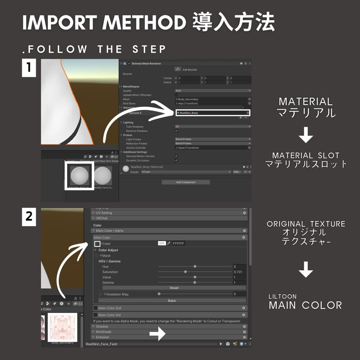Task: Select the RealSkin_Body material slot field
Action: point(212,113)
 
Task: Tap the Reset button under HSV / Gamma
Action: point(174,288)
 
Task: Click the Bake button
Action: point(172,301)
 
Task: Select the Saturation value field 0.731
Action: point(239,272)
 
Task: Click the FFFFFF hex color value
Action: point(179,243)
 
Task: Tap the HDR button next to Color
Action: point(162,243)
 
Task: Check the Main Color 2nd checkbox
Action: point(95,308)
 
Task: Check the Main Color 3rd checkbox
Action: point(95,315)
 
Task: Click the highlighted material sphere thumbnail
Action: point(79,176)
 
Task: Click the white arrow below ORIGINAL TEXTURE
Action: point(306,270)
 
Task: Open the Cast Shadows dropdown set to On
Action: point(213,127)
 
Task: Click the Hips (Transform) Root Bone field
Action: point(213,104)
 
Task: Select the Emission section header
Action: point(102,337)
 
